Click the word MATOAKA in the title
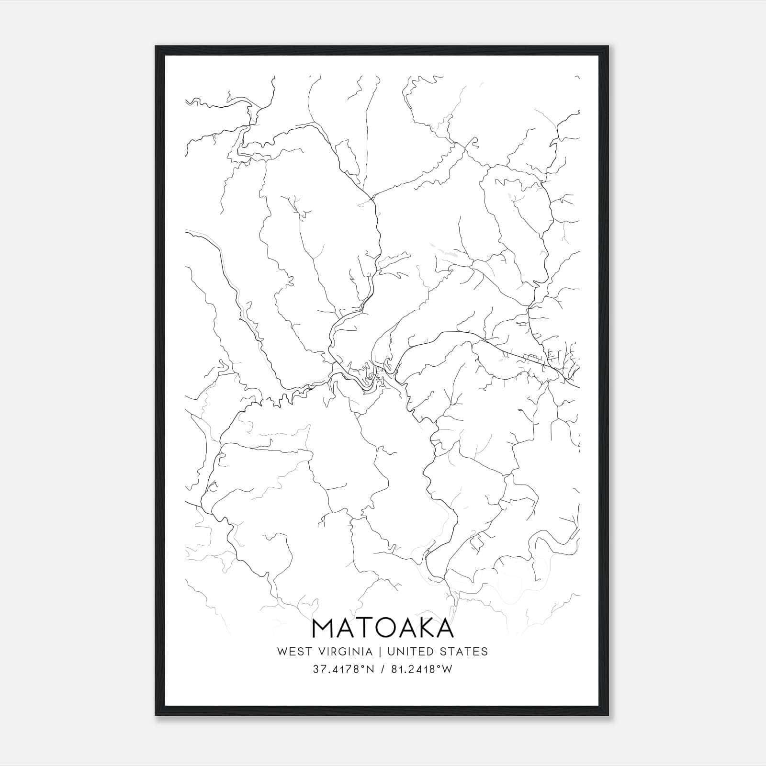[x=383, y=628]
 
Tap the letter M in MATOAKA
[x=324, y=628]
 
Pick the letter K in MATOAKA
[x=424, y=628]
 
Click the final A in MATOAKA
[x=444, y=628]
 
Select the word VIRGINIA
[x=345, y=652]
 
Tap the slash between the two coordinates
[x=381, y=669]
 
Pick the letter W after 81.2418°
[x=447, y=669]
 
